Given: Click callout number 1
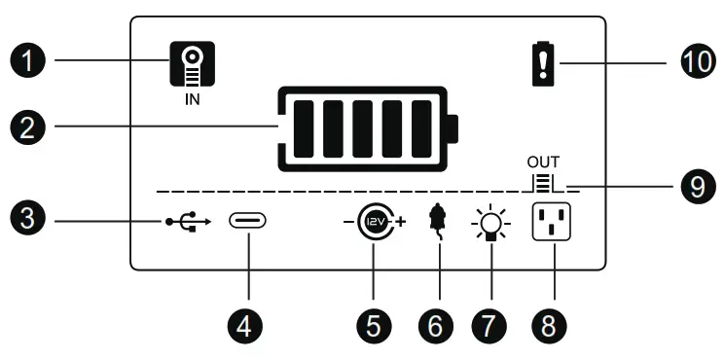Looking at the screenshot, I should pyautogui.click(x=33, y=62).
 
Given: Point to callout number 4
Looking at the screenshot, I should pyautogui.click(x=246, y=325).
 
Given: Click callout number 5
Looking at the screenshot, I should pyautogui.click(x=374, y=325).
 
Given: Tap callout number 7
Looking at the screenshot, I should pyautogui.click(x=492, y=325).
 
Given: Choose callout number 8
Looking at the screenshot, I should pyautogui.click(x=551, y=325).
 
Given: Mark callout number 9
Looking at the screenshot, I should pyautogui.click(x=695, y=186).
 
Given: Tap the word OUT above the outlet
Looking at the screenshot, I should pyautogui.click(x=544, y=161).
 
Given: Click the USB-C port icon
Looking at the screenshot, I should pyautogui.click(x=246, y=223).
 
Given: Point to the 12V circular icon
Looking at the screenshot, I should pyautogui.click(x=374, y=223).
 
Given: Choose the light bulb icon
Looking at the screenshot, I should pyautogui.click(x=492, y=225).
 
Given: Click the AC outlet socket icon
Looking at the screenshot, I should pyautogui.click(x=550, y=223).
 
